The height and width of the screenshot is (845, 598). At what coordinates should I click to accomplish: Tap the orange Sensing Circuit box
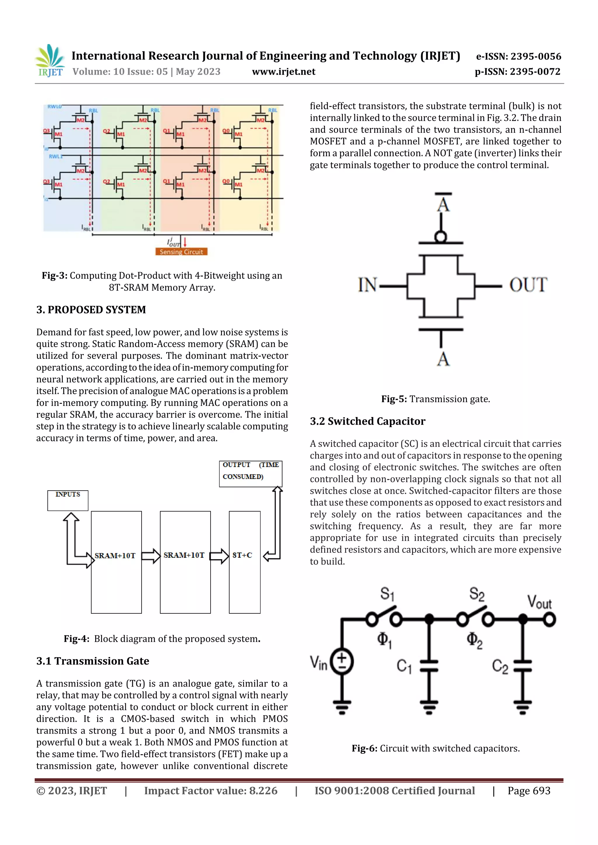click(x=181, y=252)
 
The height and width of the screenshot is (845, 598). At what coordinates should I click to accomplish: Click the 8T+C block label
click(x=242, y=555)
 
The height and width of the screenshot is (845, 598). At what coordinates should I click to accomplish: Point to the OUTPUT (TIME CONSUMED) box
click(x=251, y=473)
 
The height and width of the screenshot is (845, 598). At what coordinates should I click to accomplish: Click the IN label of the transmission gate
click(x=367, y=285)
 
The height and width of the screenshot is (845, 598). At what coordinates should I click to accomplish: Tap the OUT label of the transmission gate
click(x=528, y=285)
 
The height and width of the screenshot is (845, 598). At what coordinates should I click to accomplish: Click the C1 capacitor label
click(x=404, y=666)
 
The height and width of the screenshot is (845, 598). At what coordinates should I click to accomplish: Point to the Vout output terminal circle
click(x=549, y=620)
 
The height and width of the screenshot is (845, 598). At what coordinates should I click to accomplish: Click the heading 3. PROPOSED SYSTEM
click(x=91, y=310)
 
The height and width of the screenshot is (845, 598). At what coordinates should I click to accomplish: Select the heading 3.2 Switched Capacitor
click(x=367, y=421)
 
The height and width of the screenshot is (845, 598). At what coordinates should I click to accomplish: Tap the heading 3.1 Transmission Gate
click(x=93, y=661)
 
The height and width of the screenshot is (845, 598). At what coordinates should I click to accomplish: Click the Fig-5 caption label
click(x=394, y=399)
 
